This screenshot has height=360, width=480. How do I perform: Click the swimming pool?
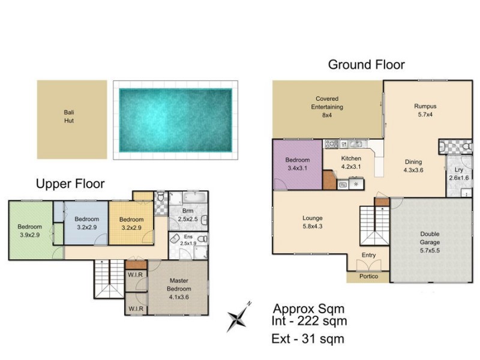[175, 120]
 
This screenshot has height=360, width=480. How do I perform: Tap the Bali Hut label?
[69, 116]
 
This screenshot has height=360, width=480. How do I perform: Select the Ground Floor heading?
[366, 65]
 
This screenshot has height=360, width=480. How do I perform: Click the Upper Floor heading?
[70, 183]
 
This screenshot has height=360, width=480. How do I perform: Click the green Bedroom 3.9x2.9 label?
[29, 230]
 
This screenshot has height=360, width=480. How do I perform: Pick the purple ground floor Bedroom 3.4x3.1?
[297, 164]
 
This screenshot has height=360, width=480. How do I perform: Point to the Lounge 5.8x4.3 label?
[313, 221]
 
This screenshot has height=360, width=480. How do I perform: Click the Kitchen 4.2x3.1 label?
[351, 163]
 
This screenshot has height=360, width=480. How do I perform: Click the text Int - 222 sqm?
[310, 322]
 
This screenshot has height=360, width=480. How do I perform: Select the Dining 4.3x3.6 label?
[413, 166]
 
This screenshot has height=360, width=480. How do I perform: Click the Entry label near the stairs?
[368, 255]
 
